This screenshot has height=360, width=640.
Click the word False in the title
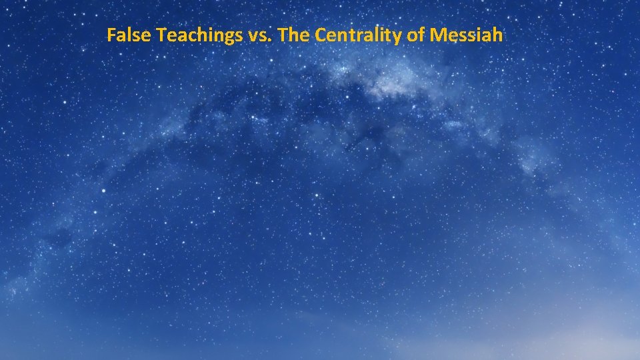pyautogui.click(x=129, y=35)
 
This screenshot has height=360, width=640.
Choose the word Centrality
pyautogui.click(x=357, y=35)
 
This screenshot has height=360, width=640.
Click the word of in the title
pyautogui.click(x=415, y=35)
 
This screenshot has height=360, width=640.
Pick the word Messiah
pyautogui.click(x=467, y=35)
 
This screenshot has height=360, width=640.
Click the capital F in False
pyautogui.click(x=111, y=35)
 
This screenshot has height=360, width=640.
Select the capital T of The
pyautogui.click(x=282, y=35)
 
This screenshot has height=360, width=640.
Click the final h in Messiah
pyautogui.click(x=497, y=35)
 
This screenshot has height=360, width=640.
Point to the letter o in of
pyautogui.click(x=411, y=37)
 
